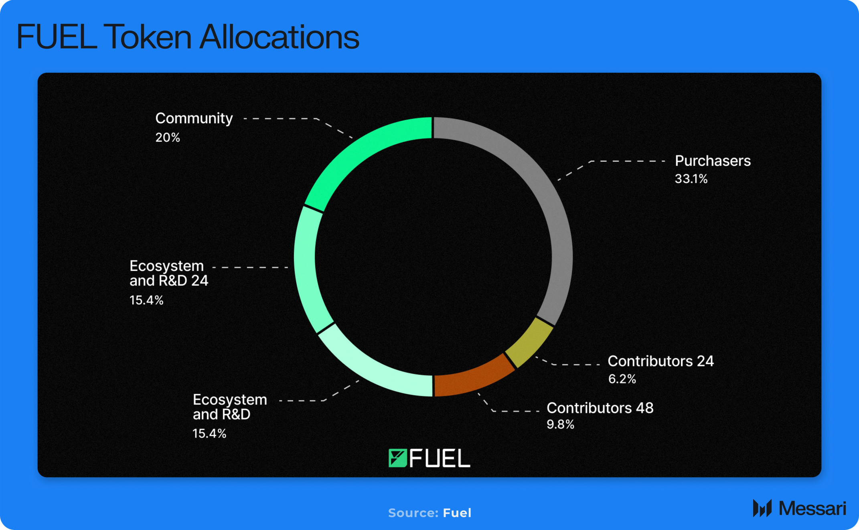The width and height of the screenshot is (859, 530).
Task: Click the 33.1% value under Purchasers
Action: (x=691, y=179)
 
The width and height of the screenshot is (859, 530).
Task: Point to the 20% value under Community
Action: (x=168, y=138)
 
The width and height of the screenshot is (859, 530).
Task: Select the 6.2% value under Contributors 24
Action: (x=622, y=379)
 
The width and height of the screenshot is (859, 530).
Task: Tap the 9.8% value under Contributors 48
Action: (x=560, y=424)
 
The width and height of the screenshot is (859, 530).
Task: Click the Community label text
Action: (x=194, y=118)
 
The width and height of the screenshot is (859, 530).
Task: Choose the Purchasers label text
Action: (x=713, y=161)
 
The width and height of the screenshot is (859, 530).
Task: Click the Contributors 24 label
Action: (x=660, y=361)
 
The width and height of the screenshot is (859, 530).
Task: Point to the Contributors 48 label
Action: (x=600, y=408)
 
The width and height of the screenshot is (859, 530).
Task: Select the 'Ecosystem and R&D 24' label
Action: (x=168, y=273)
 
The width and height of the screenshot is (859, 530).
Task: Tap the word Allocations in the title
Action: (x=279, y=37)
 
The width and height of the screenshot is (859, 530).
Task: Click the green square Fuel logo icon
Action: (x=397, y=458)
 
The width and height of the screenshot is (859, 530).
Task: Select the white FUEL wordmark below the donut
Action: (x=440, y=459)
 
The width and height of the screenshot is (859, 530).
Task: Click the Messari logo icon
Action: (x=762, y=508)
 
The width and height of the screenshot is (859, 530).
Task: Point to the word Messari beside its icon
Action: (x=812, y=509)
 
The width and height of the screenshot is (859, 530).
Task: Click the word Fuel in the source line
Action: (x=457, y=513)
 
